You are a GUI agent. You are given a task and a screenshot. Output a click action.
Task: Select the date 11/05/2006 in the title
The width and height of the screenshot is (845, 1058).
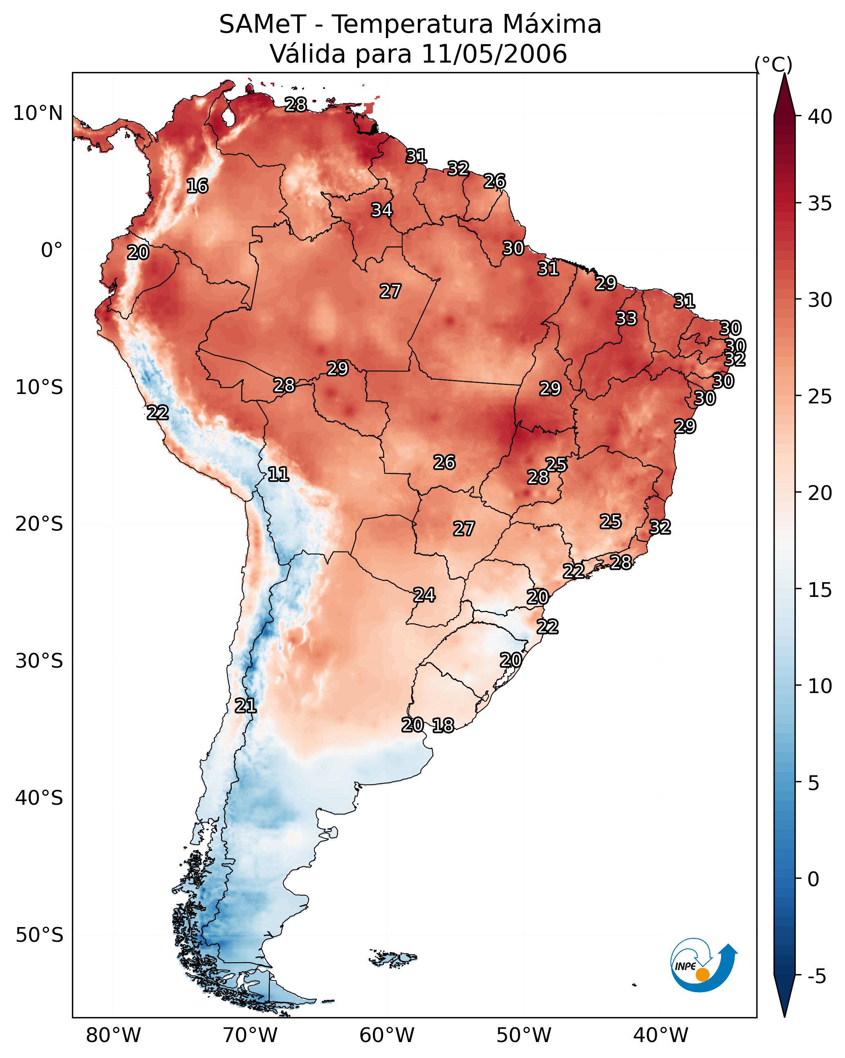pos(493,54)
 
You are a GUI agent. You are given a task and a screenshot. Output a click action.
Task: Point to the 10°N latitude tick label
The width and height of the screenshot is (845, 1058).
pos(38,113)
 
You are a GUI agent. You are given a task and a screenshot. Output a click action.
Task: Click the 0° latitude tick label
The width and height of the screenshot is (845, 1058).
pos(52,250)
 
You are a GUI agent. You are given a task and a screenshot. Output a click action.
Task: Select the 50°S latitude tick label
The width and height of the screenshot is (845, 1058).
pos(39,935)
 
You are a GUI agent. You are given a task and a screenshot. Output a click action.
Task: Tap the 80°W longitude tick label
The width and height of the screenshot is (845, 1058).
pos(113,1035)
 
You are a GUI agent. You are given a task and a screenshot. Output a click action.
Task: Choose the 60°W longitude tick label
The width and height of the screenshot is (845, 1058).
pos(387,1035)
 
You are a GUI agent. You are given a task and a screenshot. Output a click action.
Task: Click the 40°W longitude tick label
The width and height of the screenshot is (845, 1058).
pos(661,1035)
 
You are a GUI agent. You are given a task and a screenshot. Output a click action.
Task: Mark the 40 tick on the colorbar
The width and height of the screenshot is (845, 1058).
pos(820,117)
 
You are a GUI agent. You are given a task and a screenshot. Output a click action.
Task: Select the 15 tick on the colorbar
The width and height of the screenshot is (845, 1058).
pos(820,590)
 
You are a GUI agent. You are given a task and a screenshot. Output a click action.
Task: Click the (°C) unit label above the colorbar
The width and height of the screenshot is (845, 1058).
pos(773,64)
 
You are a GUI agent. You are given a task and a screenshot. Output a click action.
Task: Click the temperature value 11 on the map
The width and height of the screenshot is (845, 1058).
pos(278,474)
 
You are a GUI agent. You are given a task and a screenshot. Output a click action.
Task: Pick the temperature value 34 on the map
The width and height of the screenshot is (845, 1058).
pos(381,210)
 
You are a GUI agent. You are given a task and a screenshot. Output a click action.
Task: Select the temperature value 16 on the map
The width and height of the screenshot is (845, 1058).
pos(197,186)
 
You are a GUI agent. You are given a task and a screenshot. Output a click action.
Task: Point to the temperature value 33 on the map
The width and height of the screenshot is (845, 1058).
pos(626,318)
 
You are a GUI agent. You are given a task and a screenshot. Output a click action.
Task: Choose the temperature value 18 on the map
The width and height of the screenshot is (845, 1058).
pos(443,725)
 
